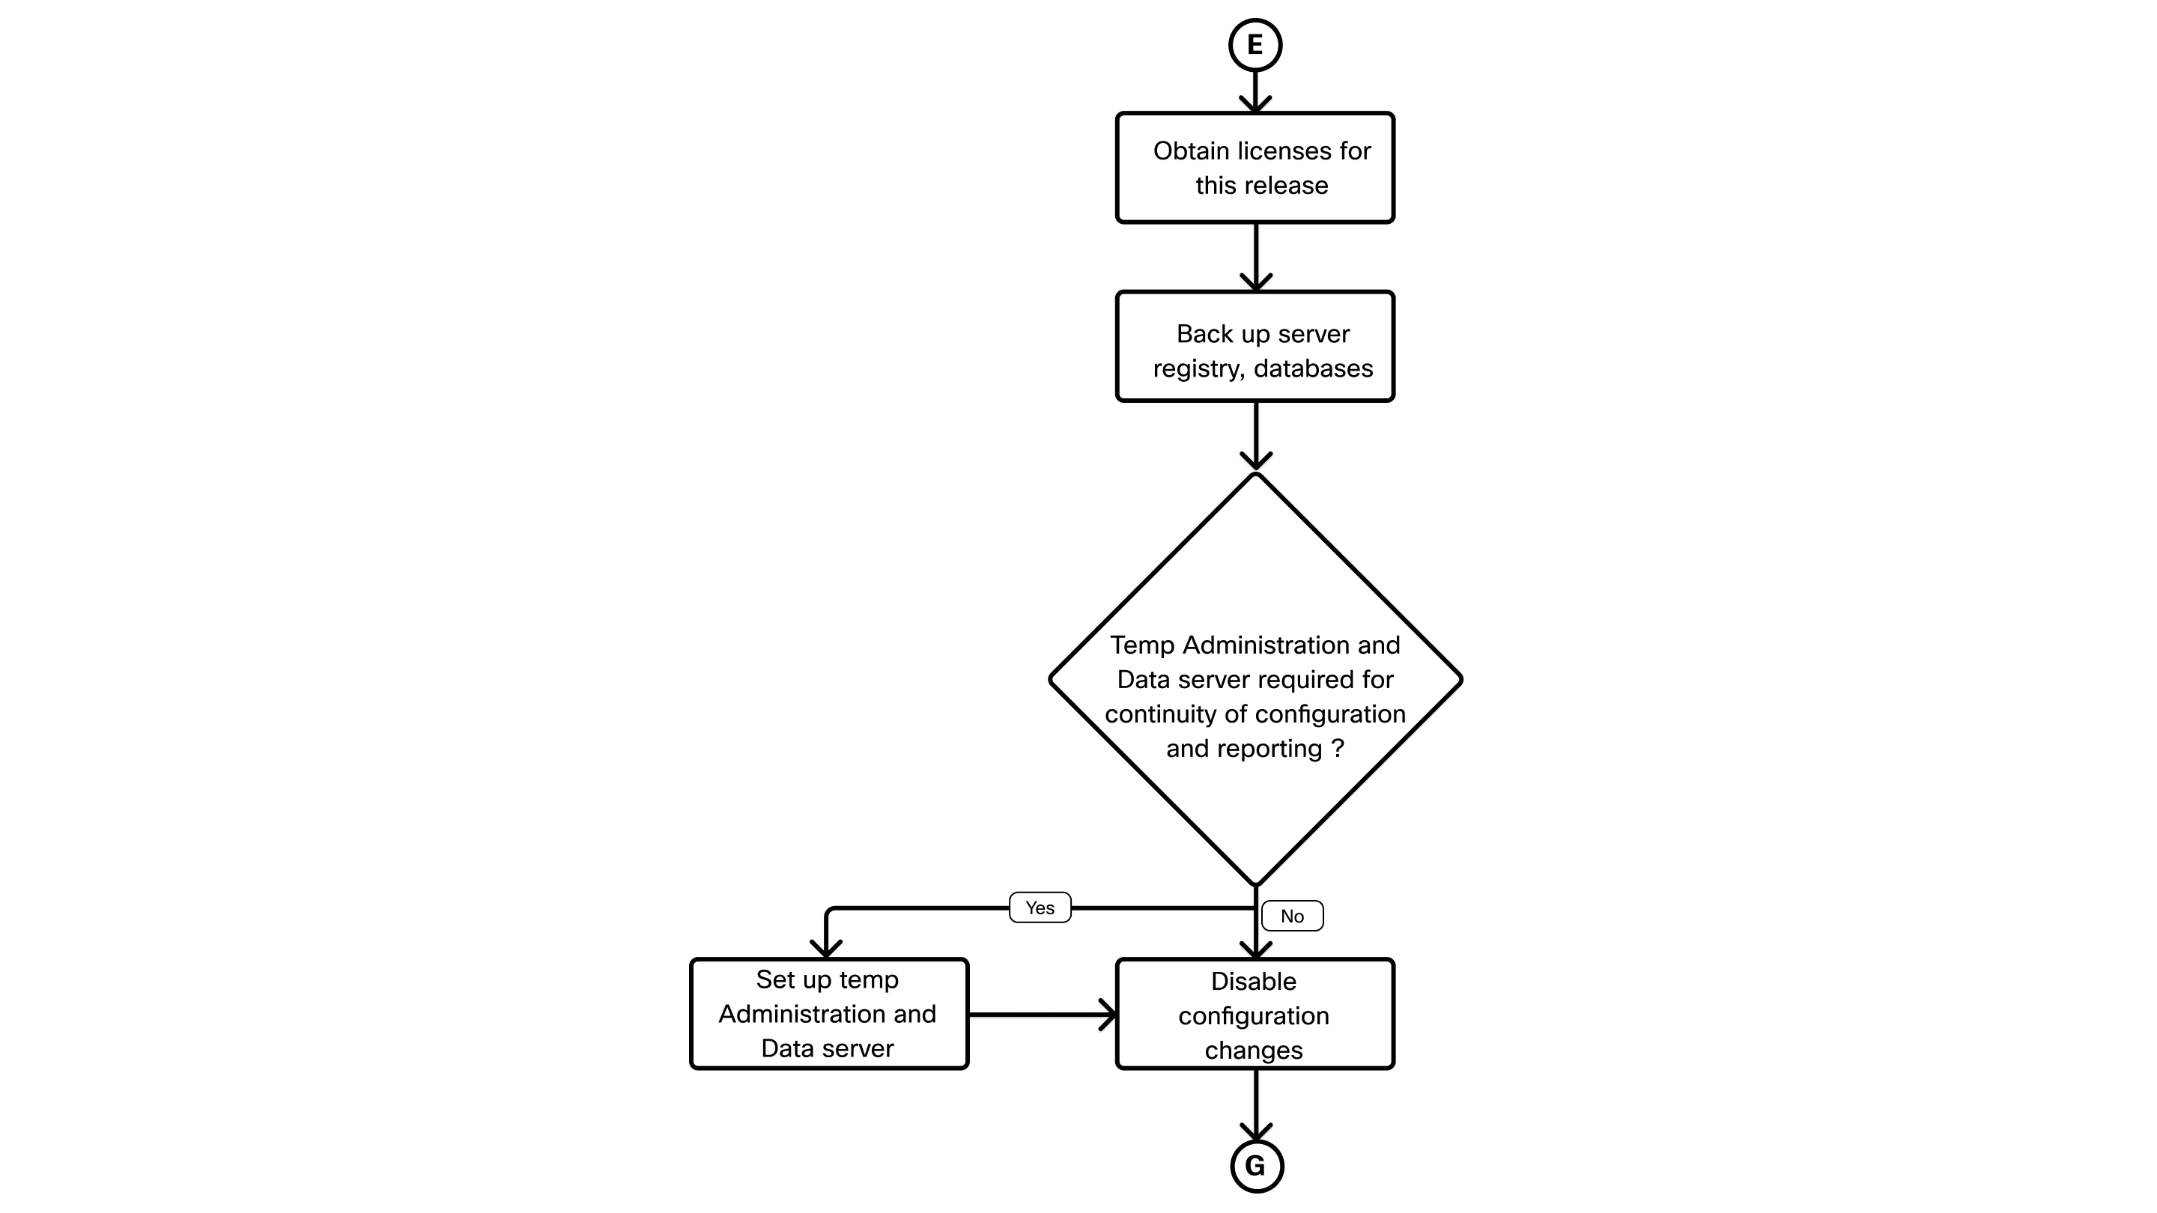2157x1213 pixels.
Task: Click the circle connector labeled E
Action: pyautogui.click(x=1255, y=44)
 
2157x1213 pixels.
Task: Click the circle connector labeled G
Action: pyautogui.click(x=1256, y=1165)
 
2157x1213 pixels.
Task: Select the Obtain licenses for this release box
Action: pyautogui.click(x=1255, y=168)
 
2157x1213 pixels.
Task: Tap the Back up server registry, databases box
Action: pyautogui.click(x=1255, y=346)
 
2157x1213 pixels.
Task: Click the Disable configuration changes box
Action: pyautogui.click(x=1255, y=1013)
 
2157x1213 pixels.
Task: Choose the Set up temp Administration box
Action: pyautogui.click(x=828, y=1013)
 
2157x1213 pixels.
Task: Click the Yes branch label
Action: pyautogui.click(x=1040, y=908)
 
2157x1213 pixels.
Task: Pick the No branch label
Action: pyautogui.click(x=1292, y=916)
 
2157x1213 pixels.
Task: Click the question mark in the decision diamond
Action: pyautogui.click(x=1337, y=749)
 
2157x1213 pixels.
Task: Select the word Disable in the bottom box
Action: pyautogui.click(x=1254, y=980)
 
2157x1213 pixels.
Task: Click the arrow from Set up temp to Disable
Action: pyautogui.click(x=1043, y=1015)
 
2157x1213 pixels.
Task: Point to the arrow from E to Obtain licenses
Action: pyautogui.click(x=1255, y=92)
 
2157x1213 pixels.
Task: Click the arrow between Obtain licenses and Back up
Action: pyautogui.click(x=1255, y=257)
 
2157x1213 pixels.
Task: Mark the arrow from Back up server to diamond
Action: pyautogui.click(x=1255, y=436)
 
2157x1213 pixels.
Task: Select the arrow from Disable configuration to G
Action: pyautogui.click(x=1255, y=1105)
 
